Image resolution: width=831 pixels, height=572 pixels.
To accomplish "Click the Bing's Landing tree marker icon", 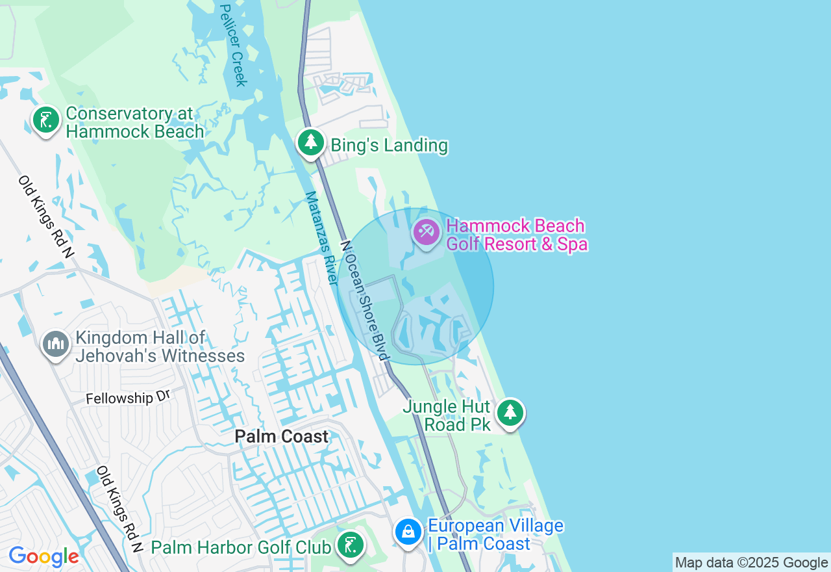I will [x=311, y=142].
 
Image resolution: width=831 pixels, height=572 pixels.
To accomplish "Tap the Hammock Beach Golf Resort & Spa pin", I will [x=427, y=232].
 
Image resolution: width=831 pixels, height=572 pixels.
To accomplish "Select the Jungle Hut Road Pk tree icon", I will [x=510, y=412].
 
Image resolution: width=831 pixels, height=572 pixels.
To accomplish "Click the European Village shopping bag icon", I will [x=408, y=532].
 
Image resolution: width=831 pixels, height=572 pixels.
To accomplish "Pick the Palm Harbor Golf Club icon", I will [x=351, y=545].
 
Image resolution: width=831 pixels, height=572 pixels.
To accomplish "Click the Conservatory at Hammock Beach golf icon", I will [x=46, y=120].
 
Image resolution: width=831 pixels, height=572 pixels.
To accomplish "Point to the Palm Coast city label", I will [x=282, y=437].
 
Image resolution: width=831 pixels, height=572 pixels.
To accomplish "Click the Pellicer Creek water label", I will [x=233, y=45].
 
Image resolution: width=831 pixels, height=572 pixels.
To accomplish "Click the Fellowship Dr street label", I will [x=127, y=398].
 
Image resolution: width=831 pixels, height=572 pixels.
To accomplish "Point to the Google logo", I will [x=43, y=557].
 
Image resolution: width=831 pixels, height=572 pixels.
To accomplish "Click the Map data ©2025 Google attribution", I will [x=751, y=563].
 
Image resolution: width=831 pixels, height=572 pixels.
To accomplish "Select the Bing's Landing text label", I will [x=389, y=145].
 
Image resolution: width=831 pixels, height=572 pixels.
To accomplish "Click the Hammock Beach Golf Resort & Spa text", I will [x=517, y=235].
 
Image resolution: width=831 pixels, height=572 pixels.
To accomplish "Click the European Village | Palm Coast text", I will [x=495, y=534].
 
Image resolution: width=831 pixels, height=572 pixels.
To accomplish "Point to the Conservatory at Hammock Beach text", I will [x=134, y=122].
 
